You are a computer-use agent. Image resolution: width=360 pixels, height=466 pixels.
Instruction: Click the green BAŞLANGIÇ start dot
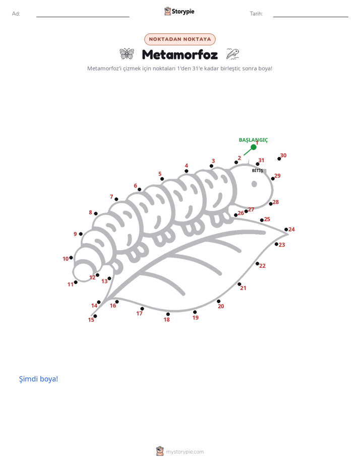coord(254,147)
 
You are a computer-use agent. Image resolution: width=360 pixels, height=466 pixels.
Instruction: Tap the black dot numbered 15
coord(95,316)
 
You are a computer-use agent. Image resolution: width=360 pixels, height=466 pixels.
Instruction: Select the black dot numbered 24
coord(286,229)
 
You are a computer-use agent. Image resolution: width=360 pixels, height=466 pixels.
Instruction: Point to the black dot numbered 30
coord(279,159)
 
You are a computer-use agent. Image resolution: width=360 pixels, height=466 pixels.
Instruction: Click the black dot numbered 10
coord(71,258)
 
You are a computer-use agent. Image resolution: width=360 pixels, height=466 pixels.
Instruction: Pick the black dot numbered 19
coord(195,312)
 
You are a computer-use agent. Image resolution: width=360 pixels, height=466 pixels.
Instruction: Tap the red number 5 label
coord(160,174)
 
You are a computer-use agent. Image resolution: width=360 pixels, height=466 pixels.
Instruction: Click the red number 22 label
coord(262,266)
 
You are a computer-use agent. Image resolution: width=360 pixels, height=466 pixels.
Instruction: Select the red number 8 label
coord(90,212)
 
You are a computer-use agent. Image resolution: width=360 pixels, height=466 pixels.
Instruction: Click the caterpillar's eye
coord(254,184)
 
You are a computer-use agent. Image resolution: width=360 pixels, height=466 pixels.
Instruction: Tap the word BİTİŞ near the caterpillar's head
coord(258,170)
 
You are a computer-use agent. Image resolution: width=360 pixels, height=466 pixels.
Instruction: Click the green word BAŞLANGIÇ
coord(254,140)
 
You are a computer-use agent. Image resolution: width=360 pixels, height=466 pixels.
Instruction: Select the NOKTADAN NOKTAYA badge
coord(180,39)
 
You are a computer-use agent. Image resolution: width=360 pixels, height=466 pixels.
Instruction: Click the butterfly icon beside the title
coord(127,54)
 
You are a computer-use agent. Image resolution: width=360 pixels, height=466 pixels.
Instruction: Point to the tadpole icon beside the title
coord(232,54)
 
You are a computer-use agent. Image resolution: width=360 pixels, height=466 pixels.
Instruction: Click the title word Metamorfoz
coord(180,54)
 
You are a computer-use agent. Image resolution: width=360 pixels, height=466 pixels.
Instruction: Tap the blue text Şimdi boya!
coord(39,379)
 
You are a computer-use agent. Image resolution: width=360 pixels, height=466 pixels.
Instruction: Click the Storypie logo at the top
coord(179,11)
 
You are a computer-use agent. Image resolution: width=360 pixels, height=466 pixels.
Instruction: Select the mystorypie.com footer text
coord(185,452)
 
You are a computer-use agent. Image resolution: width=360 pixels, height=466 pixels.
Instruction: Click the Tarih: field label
coord(256,14)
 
